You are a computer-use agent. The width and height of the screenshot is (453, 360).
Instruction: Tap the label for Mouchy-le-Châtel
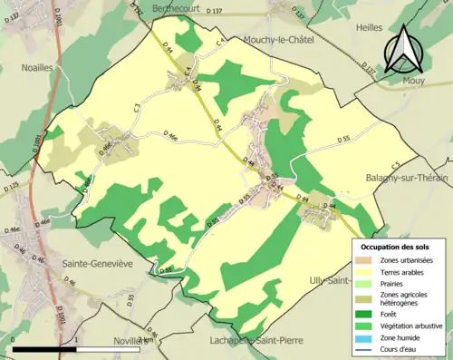[281, 40]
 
